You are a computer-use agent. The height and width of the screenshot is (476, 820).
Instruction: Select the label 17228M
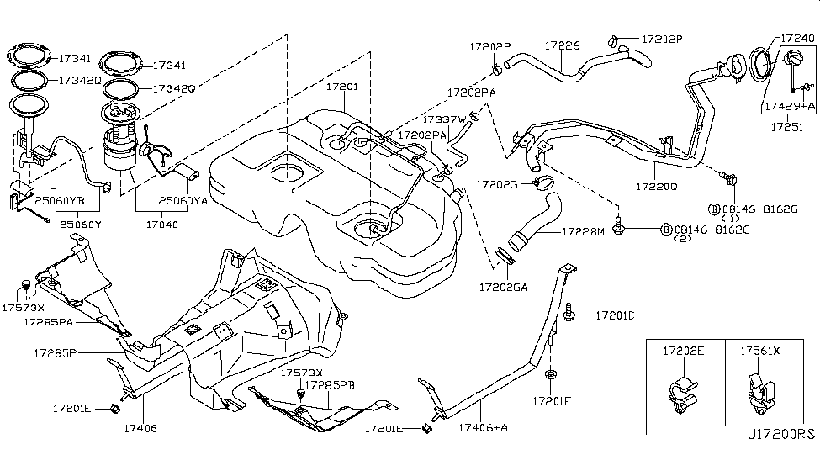click(584, 231)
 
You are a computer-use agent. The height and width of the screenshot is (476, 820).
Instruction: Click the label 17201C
click(615, 315)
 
